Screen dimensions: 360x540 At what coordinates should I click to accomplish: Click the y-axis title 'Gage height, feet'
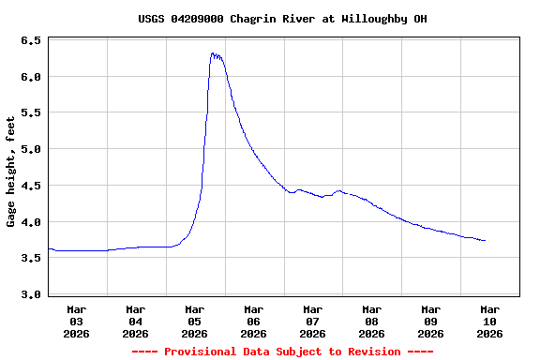point(11,172)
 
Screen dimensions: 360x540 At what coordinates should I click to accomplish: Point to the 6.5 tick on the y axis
point(31,41)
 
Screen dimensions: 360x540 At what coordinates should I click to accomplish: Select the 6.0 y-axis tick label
point(31,77)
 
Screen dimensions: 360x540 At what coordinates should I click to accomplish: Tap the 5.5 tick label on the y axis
point(31,113)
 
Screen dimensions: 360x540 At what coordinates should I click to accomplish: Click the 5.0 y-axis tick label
point(31,150)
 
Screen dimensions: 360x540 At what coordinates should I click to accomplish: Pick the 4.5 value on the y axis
point(31,187)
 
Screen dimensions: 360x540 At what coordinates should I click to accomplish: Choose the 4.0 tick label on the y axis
point(31,223)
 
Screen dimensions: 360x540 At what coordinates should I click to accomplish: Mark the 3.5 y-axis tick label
point(31,259)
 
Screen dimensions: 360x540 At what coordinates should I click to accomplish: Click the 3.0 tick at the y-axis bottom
point(31,295)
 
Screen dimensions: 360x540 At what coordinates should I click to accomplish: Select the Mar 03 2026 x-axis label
point(77,321)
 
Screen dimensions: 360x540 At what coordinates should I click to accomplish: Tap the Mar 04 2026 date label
point(136,321)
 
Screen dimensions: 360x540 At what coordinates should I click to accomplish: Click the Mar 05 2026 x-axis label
point(195,321)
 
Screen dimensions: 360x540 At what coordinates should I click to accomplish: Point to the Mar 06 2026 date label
point(254,321)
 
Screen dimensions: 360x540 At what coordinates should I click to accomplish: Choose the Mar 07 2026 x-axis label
point(313,321)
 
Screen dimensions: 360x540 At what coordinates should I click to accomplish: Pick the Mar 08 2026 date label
point(372,321)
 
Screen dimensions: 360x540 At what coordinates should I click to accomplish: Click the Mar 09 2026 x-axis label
point(431,321)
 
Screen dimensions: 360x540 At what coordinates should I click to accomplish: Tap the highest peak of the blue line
point(214,53)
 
